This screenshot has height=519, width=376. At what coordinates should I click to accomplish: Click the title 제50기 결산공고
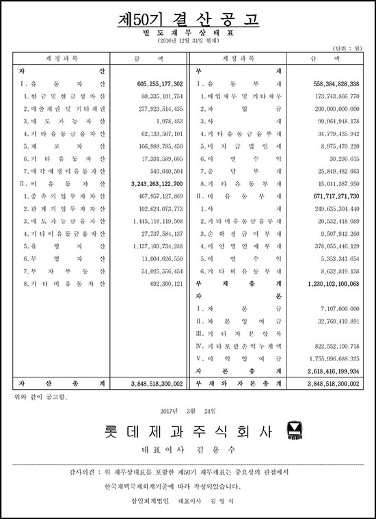(x=187, y=20)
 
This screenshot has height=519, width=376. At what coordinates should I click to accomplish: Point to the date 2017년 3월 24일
(x=187, y=410)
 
